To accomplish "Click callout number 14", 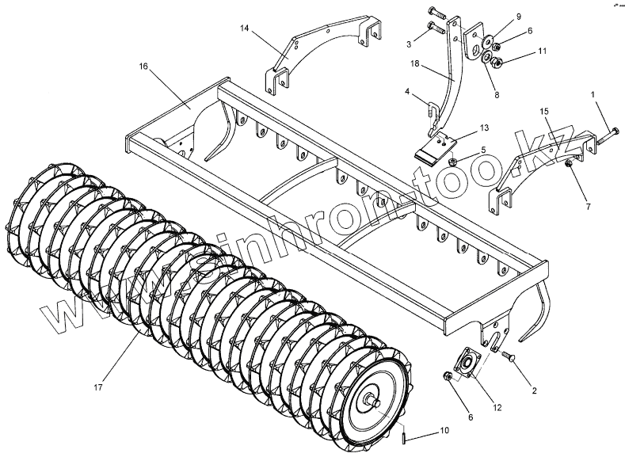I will (x=246, y=28).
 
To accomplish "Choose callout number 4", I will (x=406, y=93).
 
